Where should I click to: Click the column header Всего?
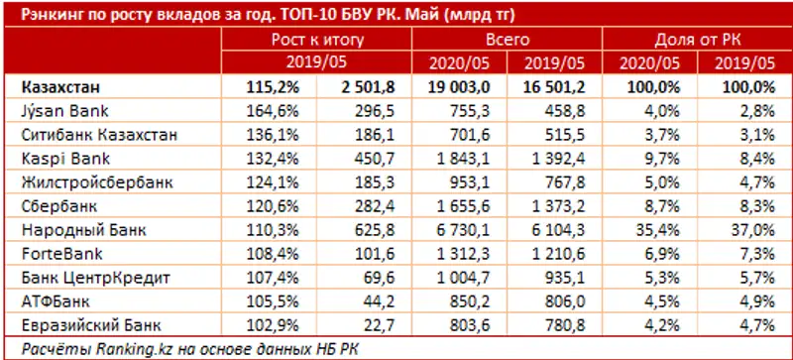[x=509, y=40]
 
